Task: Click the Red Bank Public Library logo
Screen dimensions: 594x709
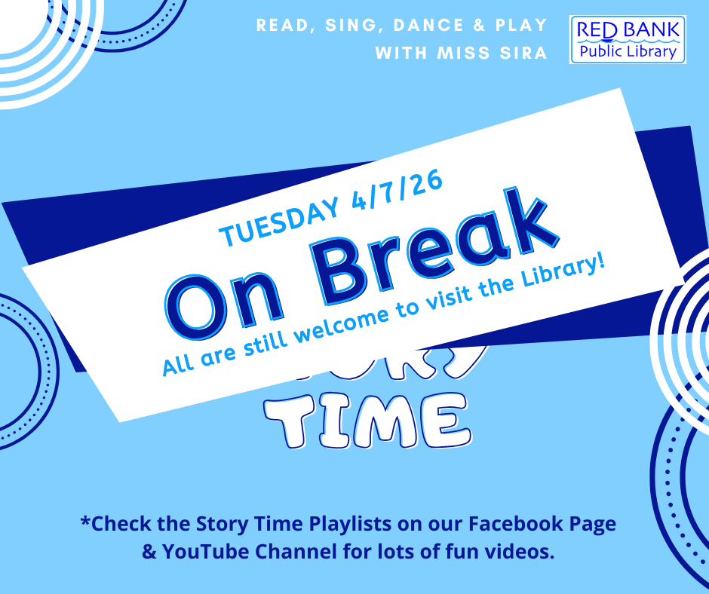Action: pos(628,38)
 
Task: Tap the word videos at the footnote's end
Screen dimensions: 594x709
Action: pos(520,551)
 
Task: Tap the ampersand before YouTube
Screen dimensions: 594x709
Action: pos(148,551)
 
